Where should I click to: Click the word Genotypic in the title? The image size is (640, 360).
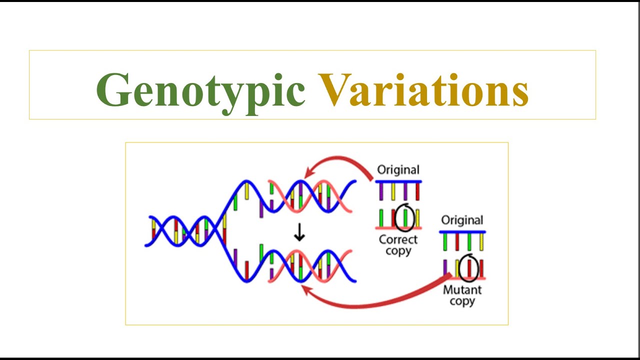pos(200,90)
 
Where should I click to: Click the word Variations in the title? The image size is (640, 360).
pos(424,90)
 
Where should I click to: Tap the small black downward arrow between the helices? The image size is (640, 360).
pos(299,233)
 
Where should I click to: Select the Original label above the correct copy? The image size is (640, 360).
pos(398,170)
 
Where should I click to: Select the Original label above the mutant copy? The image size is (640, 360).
pos(462,220)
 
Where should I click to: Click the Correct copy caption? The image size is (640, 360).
pos(398,245)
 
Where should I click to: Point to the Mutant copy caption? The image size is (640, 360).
pos(462,295)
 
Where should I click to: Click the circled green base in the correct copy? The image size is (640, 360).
pos(405,218)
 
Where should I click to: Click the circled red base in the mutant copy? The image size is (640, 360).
pos(469,268)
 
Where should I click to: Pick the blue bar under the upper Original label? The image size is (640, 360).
pos(398,181)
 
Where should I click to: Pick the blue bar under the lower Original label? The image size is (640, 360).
pos(462,232)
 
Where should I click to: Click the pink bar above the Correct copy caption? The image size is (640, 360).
pos(398,228)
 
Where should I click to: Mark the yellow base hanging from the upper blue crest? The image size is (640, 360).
pos(246,191)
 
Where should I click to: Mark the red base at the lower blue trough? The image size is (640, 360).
pos(246,270)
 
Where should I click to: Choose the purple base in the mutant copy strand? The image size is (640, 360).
pos(445,267)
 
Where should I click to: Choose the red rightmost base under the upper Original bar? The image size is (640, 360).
pos(417,191)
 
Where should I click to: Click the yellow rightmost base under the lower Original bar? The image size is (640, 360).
pos(481,242)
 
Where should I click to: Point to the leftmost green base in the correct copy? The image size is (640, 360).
pos(381,218)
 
